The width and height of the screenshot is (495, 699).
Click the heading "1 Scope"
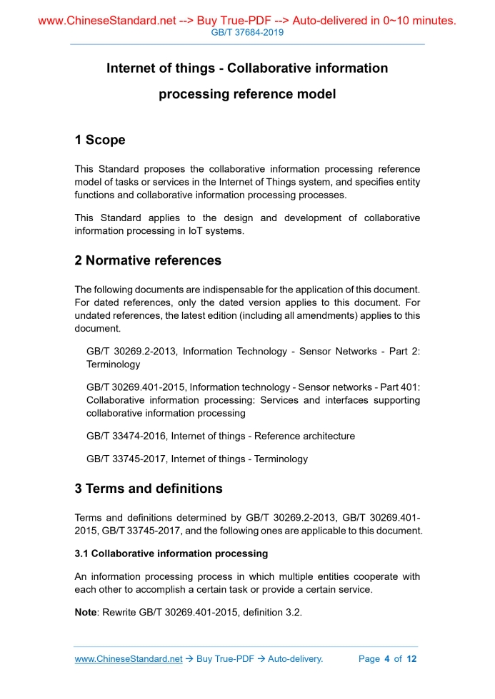point(100,140)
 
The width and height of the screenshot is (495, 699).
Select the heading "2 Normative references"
point(148,260)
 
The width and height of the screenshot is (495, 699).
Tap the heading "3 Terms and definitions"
point(149,489)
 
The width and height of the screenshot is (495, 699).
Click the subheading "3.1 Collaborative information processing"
point(171,553)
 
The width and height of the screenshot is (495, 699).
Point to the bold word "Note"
point(87,612)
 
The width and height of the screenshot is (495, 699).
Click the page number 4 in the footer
point(386,659)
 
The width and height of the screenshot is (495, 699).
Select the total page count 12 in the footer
point(411,659)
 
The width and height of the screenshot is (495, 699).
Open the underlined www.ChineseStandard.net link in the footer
point(129,659)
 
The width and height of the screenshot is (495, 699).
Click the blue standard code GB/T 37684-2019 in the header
point(247,34)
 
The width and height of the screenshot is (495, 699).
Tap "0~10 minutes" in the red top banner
point(414,21)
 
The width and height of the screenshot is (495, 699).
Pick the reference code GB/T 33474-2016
point(127,436)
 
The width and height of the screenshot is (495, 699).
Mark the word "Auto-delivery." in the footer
point(295,659)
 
